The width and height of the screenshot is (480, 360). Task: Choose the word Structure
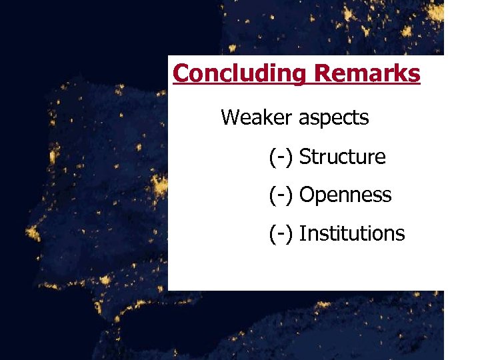(x=342, y=157)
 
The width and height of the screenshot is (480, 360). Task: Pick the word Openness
(x=345, y=195)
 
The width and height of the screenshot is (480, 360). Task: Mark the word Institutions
(x=352, y=233)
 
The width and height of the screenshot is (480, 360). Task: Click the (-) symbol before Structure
(x=281, y=157)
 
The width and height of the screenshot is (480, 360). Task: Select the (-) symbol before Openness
(x=281, y=195)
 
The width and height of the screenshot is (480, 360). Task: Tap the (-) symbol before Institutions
(x=281, y=234)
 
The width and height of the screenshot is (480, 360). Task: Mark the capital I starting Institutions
(x=302, y=233)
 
